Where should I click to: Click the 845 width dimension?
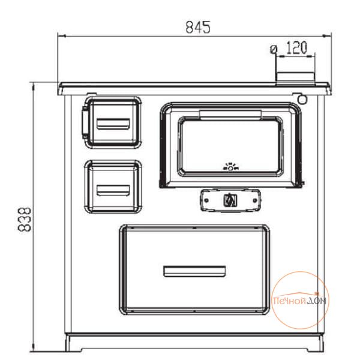click(x=197, y=27)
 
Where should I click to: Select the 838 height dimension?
click(x=25, y=219)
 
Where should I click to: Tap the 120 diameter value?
click(x=296, y=47)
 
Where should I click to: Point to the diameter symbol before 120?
click(x=274, y=49)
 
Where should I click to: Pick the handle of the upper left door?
click(x=113, y=124)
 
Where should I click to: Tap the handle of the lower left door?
click(x=113, y=190)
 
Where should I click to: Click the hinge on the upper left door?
click(x=85, y=122)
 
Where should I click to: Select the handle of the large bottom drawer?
click(x=194, y=271)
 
